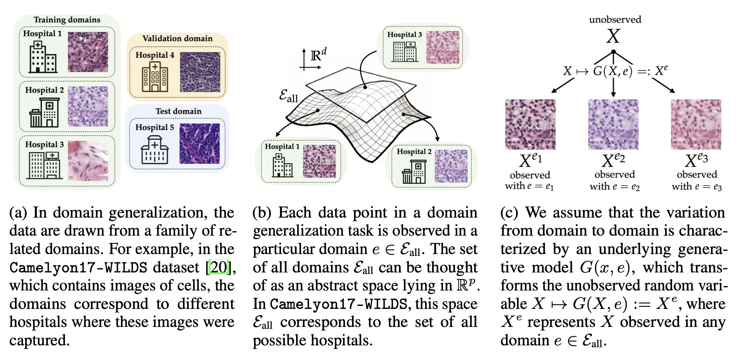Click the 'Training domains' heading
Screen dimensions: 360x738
pos(67,20)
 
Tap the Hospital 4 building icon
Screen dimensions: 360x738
pos(154,77)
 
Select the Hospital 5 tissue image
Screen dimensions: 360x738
pos(200,144)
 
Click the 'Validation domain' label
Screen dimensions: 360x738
pos(177,38)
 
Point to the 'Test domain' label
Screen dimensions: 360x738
pos(178,111)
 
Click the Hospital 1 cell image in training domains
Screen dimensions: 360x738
pos(88,52)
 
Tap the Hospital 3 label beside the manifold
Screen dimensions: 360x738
pos(404,35)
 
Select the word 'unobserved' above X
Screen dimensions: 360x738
pos(615,20)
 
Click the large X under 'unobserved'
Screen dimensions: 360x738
pos(613,36)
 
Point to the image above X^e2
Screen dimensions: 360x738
pos(613,124)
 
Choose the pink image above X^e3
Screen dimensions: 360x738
pos(696,124)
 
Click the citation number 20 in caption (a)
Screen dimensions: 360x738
pos(218,267)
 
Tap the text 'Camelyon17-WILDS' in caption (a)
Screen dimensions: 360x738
pos(78,268)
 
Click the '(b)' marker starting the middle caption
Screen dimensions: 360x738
pos(262,213)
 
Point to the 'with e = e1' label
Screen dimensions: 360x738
pos(529,186)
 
